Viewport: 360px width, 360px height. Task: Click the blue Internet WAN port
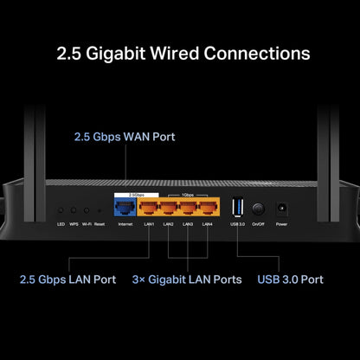[125, 209]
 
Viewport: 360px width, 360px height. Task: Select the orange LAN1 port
[149, 209]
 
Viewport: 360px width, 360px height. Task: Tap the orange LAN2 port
[168, 209]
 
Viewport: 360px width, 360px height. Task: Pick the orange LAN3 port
[188, 209]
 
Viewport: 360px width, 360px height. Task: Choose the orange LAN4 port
[207, 209]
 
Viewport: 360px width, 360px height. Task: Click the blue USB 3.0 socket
[238, 209]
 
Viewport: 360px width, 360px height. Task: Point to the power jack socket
[280, 209]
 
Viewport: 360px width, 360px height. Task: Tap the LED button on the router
[60, 210]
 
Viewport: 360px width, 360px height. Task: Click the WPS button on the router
[73, 210]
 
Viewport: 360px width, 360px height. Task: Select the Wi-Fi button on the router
[86, 210]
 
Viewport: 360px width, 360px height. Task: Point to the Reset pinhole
[99, 210]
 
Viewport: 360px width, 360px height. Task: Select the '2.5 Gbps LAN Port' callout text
[67, 280]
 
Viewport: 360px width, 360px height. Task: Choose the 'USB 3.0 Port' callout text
[291, 280]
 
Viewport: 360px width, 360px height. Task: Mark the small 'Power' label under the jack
[280, 224]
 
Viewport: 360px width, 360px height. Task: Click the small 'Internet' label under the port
[125, 224]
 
